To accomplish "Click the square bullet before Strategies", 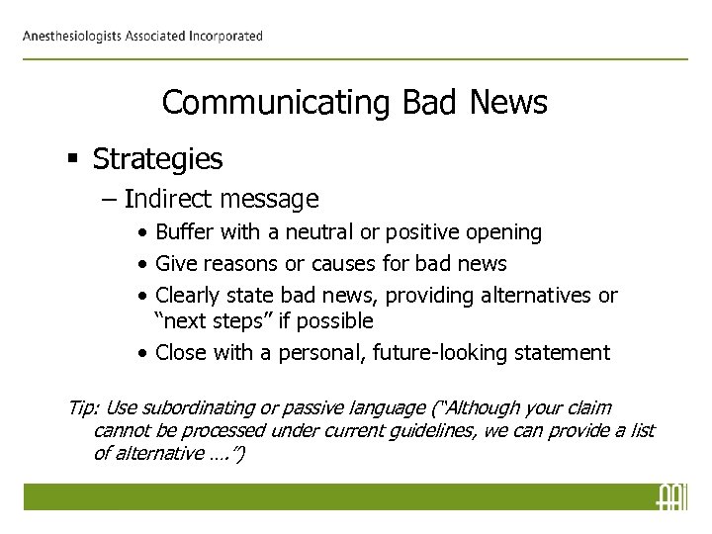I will [75, 158].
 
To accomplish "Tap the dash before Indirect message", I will [107, 200].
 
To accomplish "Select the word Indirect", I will [170, 200].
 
